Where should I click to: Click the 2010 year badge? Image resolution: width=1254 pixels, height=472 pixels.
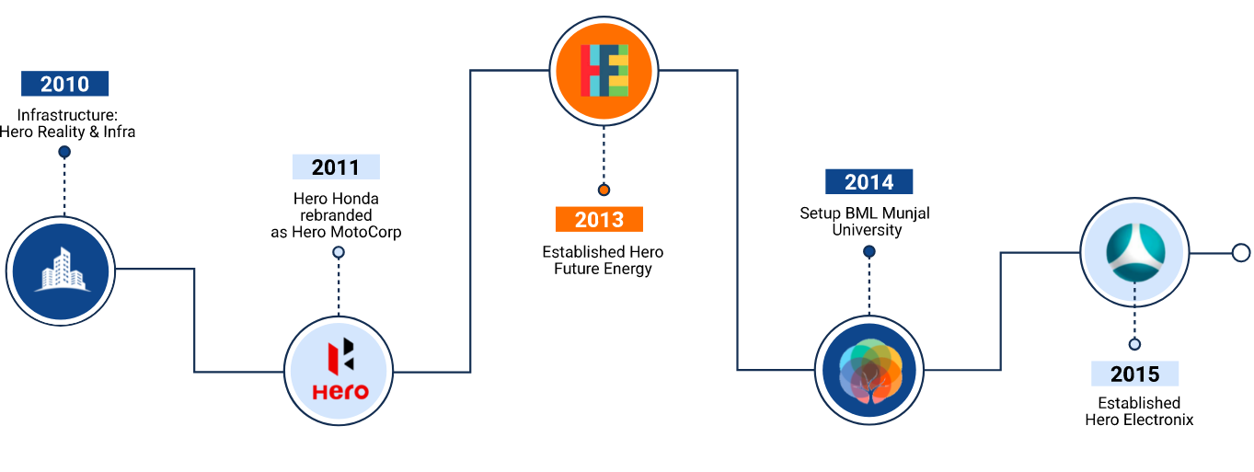tap(65, 84)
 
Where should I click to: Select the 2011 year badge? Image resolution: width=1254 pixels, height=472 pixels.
tap(336, 167)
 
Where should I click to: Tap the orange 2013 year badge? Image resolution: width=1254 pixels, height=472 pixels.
tap(599, 219)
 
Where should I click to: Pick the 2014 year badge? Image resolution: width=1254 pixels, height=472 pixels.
tap(869, 181)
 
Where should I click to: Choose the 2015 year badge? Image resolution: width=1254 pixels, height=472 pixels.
tap(1134, 374)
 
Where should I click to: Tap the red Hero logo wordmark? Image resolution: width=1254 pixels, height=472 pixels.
tap(340, 391)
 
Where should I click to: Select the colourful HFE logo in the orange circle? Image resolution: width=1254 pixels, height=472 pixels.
tap(604, 71)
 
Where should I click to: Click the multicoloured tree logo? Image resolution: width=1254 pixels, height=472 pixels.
tap(870, 371)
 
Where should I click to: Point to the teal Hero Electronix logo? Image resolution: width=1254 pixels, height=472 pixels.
tap(1135, 252)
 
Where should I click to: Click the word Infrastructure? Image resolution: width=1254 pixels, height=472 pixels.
tap(67, 115)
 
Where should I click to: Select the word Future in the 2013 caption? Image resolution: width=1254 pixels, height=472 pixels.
tap(577, 269)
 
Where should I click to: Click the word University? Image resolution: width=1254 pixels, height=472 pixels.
tap(867, 230)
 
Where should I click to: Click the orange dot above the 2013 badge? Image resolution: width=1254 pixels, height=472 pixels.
tap(604, 190)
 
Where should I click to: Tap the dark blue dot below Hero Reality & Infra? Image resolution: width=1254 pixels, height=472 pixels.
tap(64, 152)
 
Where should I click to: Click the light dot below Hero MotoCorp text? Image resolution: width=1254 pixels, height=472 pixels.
tap(339, 252)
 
